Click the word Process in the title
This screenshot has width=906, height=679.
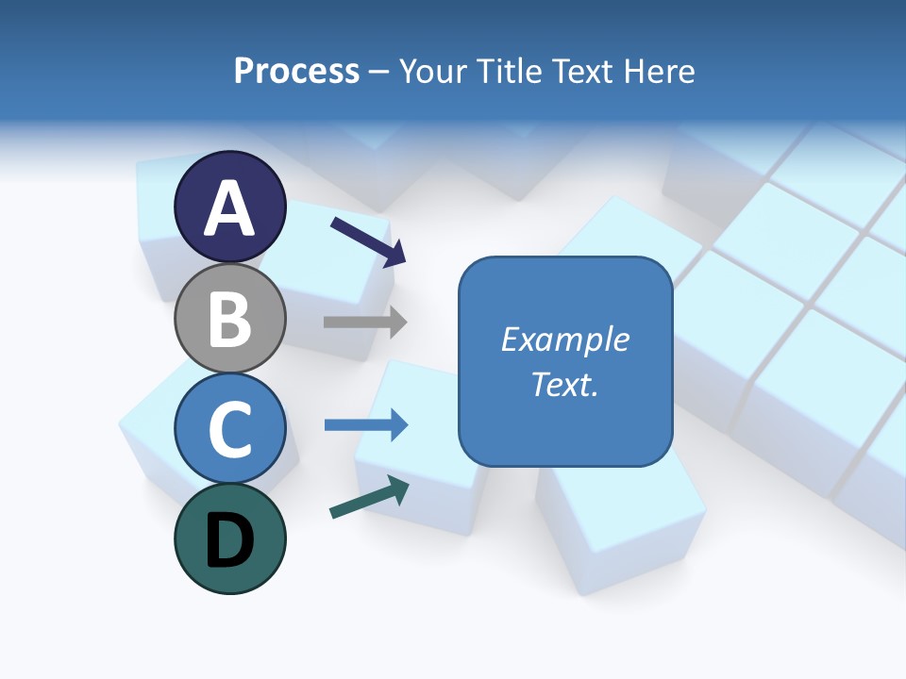pos(296,71)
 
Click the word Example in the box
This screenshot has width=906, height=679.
pos(564,339)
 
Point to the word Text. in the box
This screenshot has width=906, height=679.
pos(564,385)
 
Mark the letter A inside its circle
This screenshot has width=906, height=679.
pos(230,208)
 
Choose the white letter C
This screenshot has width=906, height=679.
pos(230,429)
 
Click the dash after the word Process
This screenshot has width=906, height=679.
pos(379,72)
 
